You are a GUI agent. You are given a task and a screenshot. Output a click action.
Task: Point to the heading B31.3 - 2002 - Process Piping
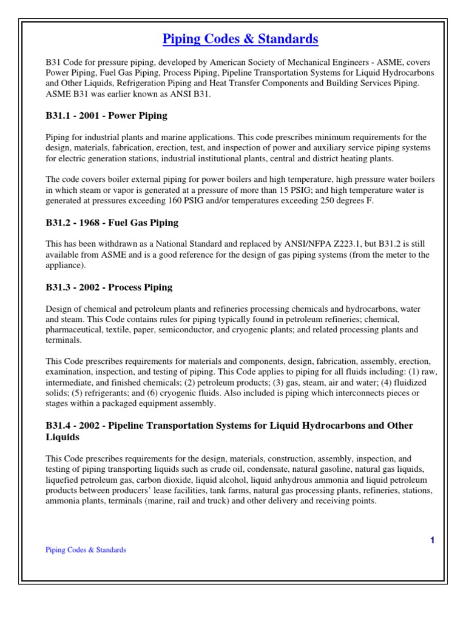pos(109,287)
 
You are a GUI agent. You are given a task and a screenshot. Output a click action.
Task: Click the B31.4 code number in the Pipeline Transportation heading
pos(59,425)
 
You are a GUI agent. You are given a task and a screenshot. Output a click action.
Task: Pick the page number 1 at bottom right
pos(432,540)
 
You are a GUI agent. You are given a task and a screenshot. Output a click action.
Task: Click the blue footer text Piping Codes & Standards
pos(86,550)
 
